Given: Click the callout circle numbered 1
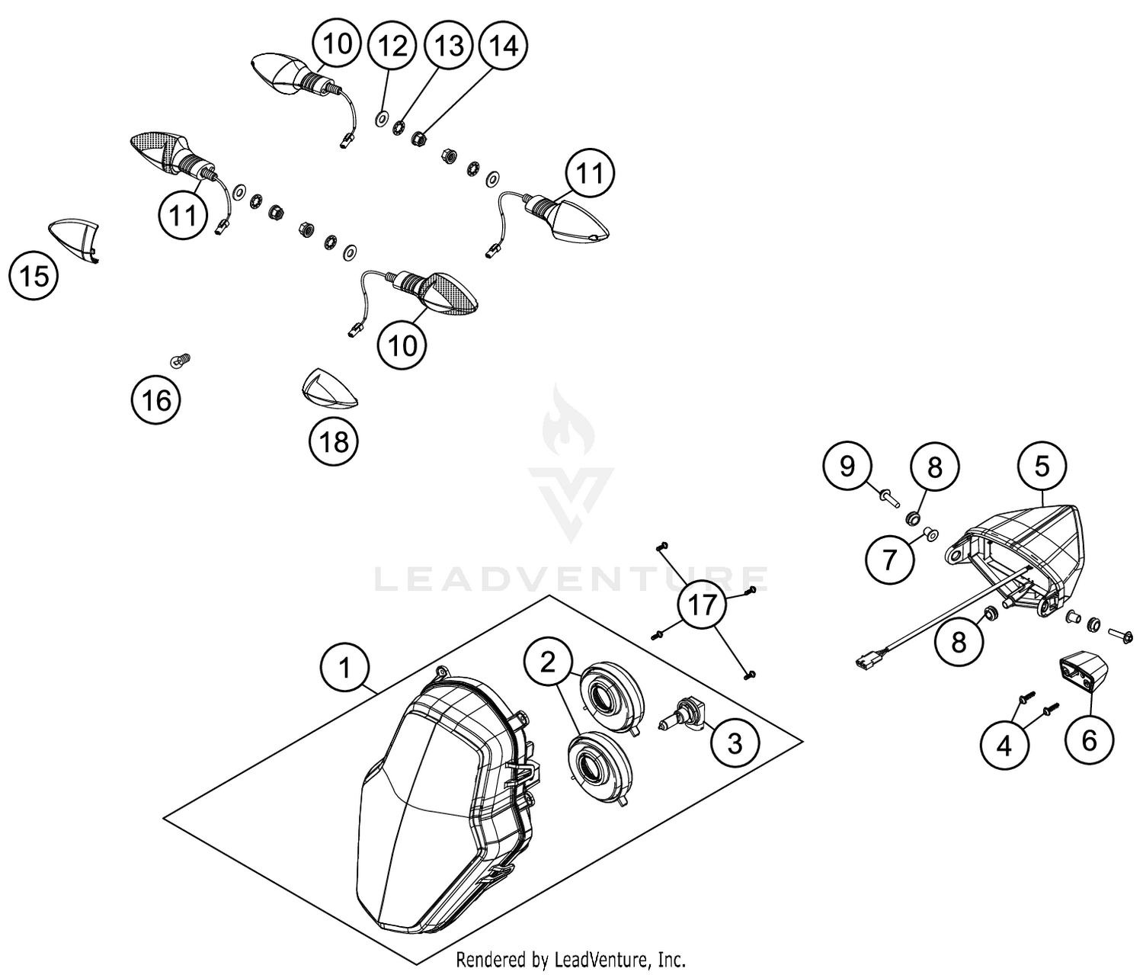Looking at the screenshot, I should [345, 668].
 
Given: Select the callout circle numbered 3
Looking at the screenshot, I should [735, 742].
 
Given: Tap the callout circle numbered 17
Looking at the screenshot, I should [703, 605].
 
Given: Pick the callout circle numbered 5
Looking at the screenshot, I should [1042, 465].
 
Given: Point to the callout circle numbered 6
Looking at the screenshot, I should [1089, 739].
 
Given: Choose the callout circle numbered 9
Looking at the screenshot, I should [847, 465].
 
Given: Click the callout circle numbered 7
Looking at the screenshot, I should [889, 560].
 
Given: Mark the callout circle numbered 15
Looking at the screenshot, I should [34, 275].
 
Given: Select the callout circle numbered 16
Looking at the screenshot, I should [156, 399].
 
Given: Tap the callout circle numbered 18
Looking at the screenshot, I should [334, 441].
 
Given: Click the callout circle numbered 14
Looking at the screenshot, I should [504, 46].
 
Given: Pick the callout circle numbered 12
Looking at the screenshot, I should [392, 46].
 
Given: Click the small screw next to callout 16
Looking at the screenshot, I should [181, 359].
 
